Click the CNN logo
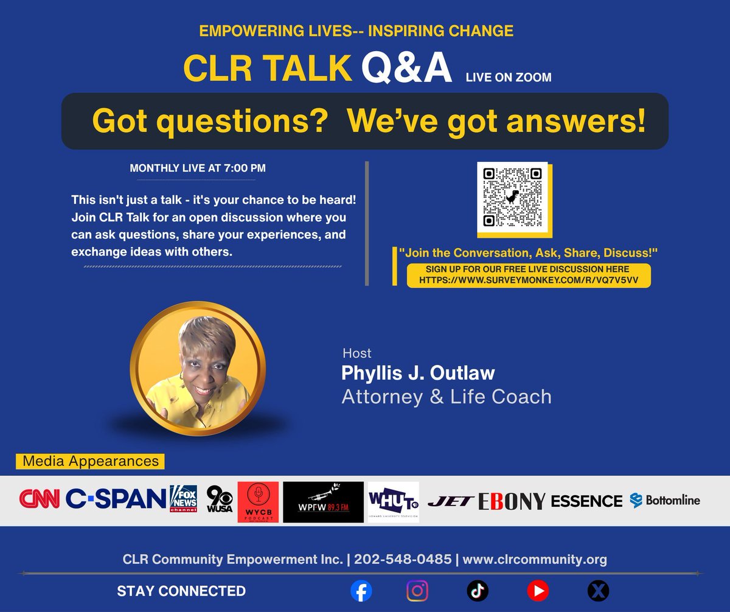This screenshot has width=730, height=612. coord(40,500)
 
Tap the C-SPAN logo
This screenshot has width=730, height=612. coord(115,500)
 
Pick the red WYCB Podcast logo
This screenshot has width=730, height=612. coord(258,502)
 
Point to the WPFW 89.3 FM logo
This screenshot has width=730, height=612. coord(323,502)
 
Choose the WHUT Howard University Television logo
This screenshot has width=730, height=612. coord(393,502)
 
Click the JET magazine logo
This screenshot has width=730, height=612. coord(450,501)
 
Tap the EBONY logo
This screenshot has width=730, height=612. coord(512,501)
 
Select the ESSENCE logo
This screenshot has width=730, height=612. coord(586,501)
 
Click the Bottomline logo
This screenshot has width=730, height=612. coord(665,501)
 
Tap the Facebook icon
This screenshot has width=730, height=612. coord(361,590)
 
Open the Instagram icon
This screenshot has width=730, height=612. coord(417,590)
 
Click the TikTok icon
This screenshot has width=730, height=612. coord(478,590)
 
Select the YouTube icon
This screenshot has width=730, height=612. coord(538,590)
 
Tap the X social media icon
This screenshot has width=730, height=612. coord(597,590)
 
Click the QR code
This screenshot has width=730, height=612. coord(512,196)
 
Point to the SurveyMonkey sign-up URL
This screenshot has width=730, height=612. coord(528,280)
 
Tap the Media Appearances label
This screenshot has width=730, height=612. coord(90,461)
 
